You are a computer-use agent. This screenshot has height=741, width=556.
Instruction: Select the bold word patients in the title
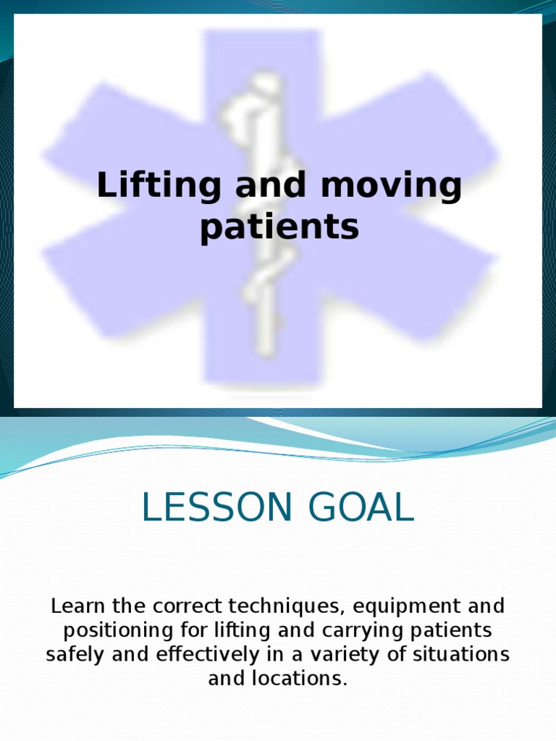point(279,227)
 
